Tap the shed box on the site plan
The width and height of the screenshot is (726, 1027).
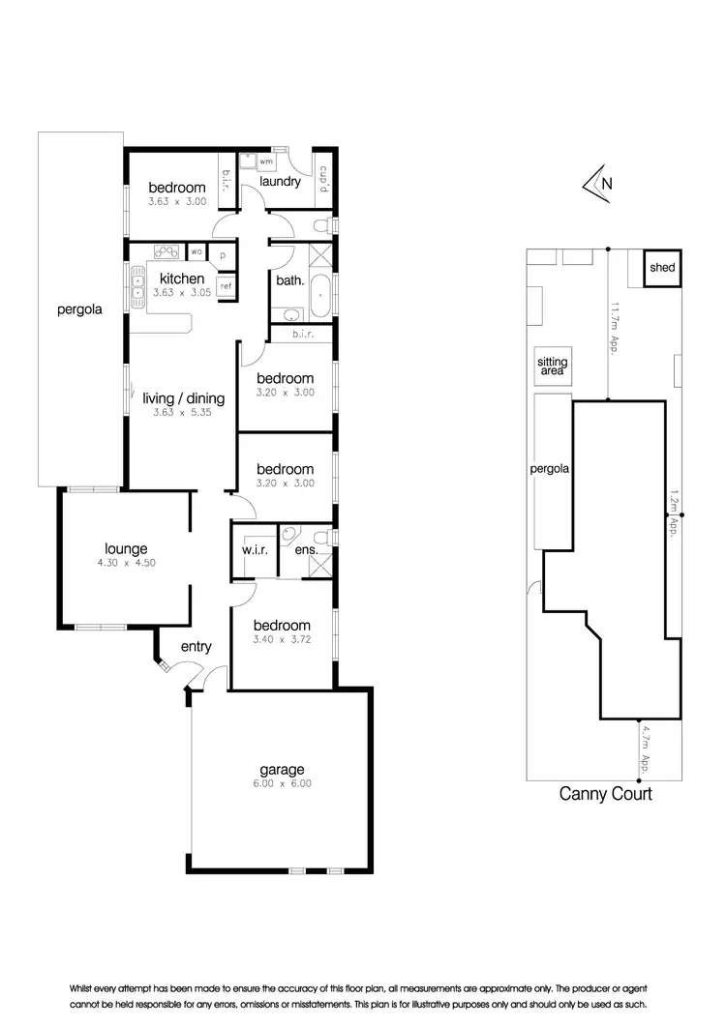coord(662,268)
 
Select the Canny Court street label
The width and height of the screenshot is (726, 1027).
coord(606,794)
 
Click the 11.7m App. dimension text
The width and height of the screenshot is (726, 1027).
coord(614,329)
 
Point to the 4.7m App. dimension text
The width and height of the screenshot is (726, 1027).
coord(646,750)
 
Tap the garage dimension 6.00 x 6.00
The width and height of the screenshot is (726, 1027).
coord(281,784)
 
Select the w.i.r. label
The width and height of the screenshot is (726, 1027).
coord(254,552)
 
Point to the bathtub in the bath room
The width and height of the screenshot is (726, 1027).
coord(318,293)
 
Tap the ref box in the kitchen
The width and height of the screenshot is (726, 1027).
coord(226,285)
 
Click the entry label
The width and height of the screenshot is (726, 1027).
coord(197,647)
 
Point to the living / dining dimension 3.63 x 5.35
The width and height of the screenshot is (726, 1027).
coord(183,412)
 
